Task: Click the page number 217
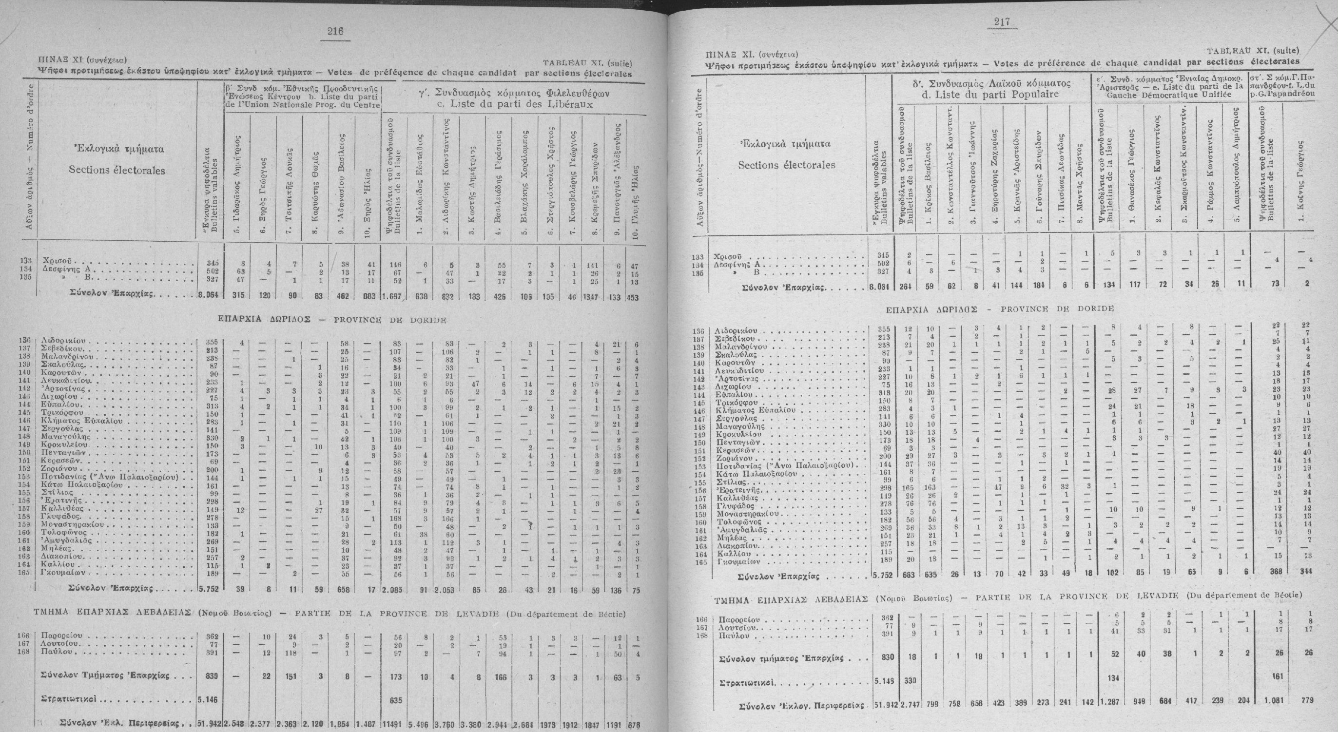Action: point(1001,22)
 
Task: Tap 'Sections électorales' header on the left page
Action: point(117,170)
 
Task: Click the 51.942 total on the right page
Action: point(882,700)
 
